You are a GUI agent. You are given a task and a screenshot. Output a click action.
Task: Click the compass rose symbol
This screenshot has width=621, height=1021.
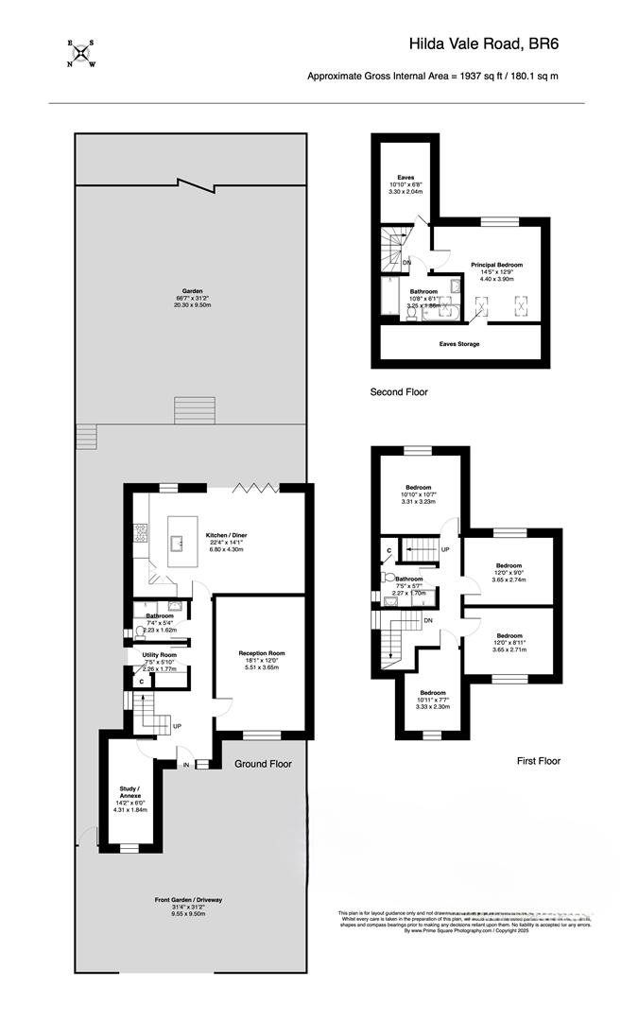(x=80, y=54)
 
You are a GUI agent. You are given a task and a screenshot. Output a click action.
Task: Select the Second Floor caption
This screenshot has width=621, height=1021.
(x=400, y=391)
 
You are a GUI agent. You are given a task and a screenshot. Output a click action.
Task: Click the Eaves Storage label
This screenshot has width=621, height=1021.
(x=458, y=344)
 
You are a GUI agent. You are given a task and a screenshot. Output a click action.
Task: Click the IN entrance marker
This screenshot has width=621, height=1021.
(x=186, y=764)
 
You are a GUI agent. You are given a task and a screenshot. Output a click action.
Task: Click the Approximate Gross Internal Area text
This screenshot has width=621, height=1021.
(x=431, y=77)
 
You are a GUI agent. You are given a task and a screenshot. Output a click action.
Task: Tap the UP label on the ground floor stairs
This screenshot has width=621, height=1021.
(x=177, y=726)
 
